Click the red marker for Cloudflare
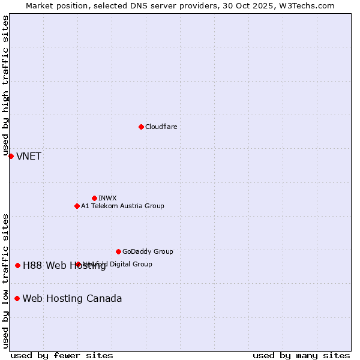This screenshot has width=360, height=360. pyautogui.click(x=141, y=127)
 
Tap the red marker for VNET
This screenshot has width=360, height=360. pyautogui.click(x=11, y=156)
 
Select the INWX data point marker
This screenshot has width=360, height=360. pyautogui.click(x=94, y=198)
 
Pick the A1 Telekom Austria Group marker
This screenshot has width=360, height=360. pyautogui.click(x=77, y=206)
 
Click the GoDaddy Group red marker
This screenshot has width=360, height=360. pyautogui.click(x=118, y=251)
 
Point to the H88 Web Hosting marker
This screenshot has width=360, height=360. pyautogui.click(x=17, y=265)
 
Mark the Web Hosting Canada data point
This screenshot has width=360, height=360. pyautogui.click(x=17, y=298)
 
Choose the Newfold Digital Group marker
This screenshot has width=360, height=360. pyautogui.click(x=78, y=264)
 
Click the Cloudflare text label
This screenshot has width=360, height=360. pyautogui.click(x=161, y=127)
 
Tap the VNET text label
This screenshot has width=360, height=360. pyautogui.click(x=29, y=157)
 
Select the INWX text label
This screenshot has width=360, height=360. pyautogui.click(x=107, y=198)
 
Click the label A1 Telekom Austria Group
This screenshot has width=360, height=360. pyautogui.click(x=122, y=206)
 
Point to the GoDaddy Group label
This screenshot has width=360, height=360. pyautogui.click(x=148, y=251)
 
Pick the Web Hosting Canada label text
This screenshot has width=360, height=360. pyautogui.click(x=72, y=299)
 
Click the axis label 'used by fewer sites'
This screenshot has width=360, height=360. pyautogui.click(x=62, y=355)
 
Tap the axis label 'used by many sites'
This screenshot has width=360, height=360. pyautogui.click(x=301, y=355)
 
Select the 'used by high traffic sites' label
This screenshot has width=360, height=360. pyautogui.click(x=5, y=86)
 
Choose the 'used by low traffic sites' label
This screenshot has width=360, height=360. pyautogui.click(x=5, y=280)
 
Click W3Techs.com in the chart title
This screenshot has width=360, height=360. pyautogui.click(x=310, y=5)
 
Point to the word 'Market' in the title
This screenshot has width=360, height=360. pyautogui.click(x=40, y=5)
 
